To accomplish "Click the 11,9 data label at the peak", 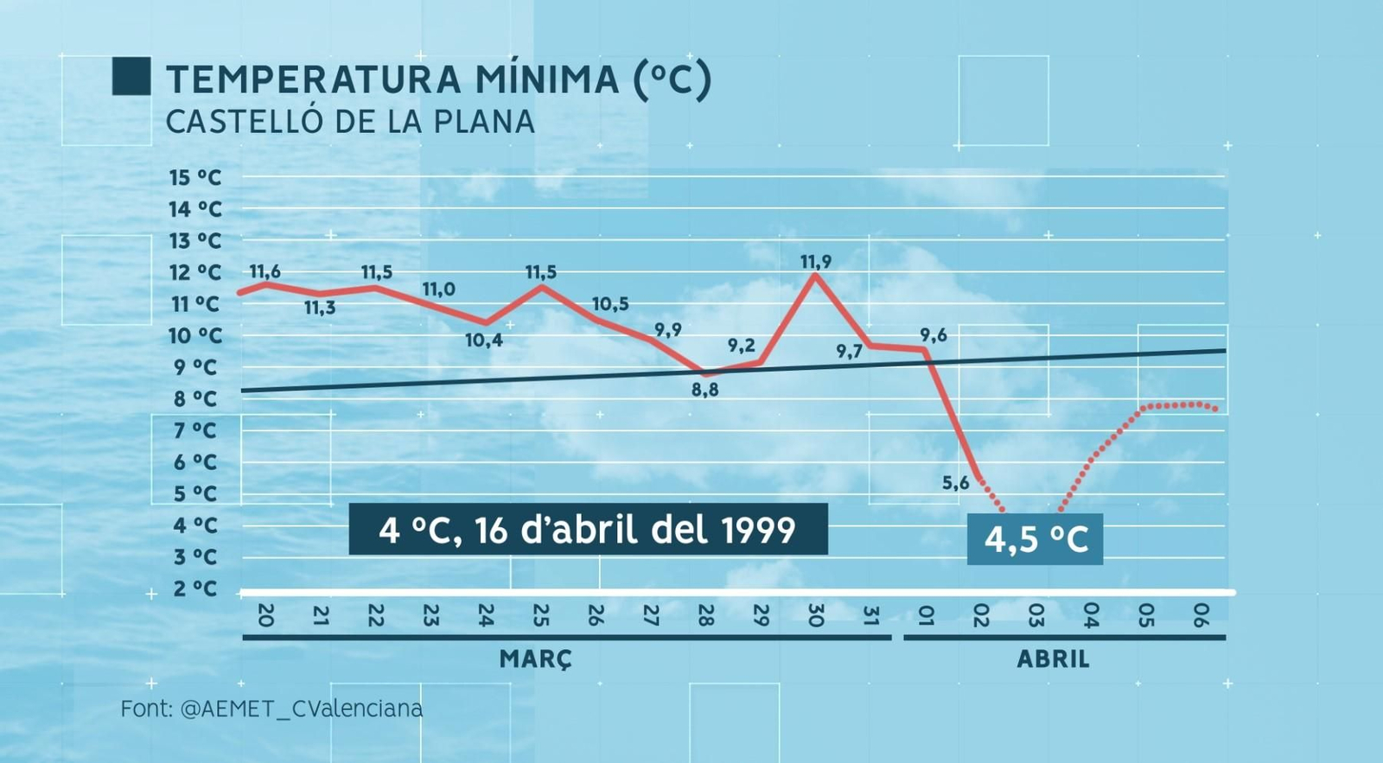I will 815,262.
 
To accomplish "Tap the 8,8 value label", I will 704,390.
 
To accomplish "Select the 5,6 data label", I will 955,483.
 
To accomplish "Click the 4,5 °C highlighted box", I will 1035,539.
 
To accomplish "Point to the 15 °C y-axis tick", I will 195,178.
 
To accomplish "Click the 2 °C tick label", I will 194,589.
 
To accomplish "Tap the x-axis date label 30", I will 815,615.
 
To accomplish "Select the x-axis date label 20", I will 265,615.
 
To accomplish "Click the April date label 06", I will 1200,615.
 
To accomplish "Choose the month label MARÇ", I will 536,659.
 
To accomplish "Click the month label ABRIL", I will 1053,659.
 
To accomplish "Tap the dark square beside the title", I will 131,76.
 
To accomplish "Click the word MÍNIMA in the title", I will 546,79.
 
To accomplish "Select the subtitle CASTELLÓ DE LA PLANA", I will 350,122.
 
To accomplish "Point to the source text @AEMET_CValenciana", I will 302,709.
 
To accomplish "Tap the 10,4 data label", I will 483,340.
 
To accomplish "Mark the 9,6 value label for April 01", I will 933,335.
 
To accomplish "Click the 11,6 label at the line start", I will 264,271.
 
